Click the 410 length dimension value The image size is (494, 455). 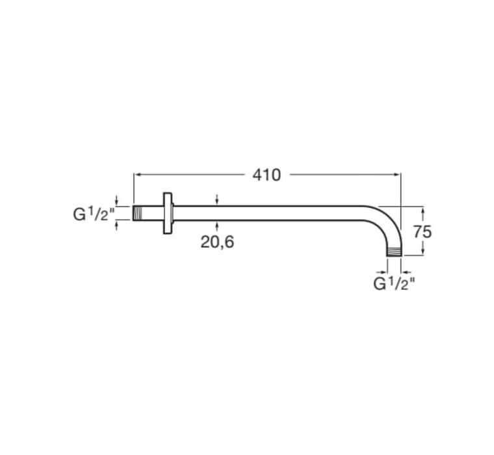coord(266,175)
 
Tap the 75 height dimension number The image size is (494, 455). coord(422,232)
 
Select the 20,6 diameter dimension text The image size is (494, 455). coord(217,242)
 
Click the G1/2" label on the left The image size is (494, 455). coord(94,214)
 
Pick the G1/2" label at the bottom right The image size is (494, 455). coord(394,283)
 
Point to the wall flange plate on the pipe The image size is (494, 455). coord(168,213)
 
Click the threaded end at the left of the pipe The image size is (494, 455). coord(136,213)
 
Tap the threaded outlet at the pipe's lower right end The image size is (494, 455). coord(394,252)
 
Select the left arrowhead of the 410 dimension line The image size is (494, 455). coord(137,174)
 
